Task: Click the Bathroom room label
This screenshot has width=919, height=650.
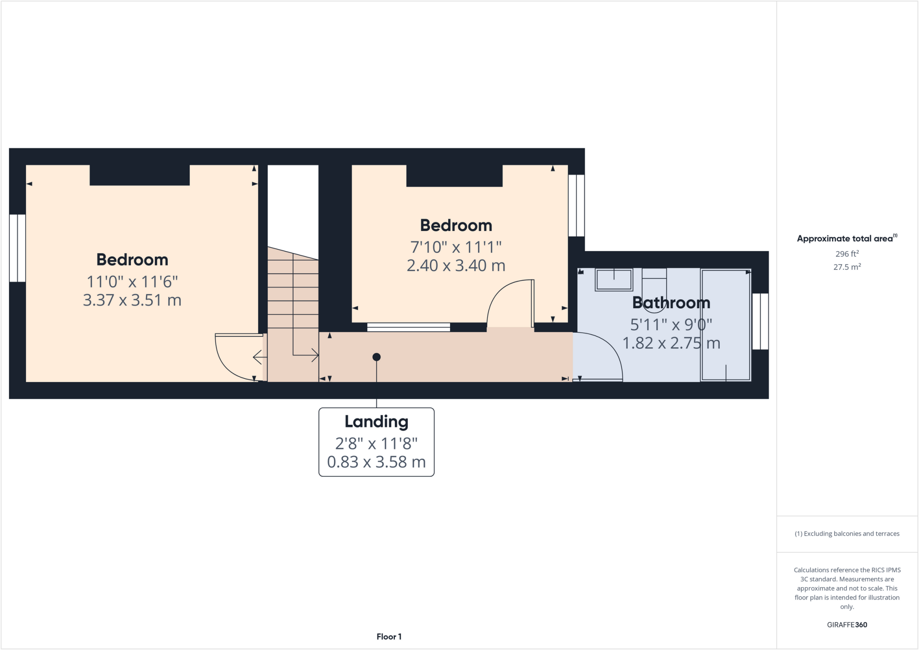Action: pos(671,303)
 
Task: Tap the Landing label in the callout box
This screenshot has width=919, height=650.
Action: pos(376,422)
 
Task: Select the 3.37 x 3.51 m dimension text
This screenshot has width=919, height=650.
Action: pos(132,300)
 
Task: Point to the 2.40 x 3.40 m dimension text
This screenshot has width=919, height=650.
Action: pos(456,266)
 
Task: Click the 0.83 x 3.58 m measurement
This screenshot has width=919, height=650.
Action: pos(376,462)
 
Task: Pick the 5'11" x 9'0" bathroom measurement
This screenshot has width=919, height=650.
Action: pos(671,324)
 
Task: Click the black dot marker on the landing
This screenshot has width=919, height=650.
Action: pos(376,357)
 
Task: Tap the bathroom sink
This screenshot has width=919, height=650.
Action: pos(613,279)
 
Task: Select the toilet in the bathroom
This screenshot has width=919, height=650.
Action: pos(654,289)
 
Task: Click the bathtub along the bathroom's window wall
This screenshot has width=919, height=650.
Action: pos(726,325)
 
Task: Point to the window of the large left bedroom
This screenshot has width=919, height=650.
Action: pos(17,248)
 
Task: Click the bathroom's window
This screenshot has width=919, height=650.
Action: pos(760,321)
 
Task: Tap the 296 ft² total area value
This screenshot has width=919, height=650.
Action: pos(847,253)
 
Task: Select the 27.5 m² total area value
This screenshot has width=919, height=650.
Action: pos(847,267)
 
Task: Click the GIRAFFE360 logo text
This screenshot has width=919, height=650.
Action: pos(847,624)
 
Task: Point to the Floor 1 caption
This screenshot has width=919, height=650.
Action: pos(389,637)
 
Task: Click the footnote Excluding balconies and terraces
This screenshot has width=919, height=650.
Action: pos(847,533)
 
